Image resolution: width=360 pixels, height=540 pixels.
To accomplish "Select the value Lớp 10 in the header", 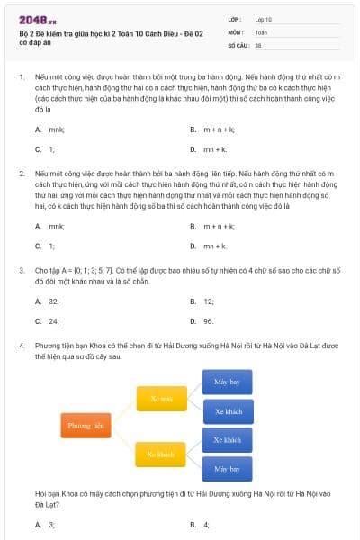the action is (x=264, y=19).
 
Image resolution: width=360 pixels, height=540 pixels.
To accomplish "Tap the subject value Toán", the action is (x=261, y=31).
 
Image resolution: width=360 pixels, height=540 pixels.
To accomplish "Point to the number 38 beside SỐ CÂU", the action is (x=258, y=44).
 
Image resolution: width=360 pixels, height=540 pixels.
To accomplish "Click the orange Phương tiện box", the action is (x=85, y=424).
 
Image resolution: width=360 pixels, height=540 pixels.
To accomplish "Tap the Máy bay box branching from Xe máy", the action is (x=227, y=382).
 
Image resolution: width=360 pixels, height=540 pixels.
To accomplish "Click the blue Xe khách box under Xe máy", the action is (x=227, y=411).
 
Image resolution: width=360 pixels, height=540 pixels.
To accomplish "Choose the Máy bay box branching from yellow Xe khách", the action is (x=227, y=469).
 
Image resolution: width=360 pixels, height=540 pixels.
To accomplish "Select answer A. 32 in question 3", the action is (x=48, y=301).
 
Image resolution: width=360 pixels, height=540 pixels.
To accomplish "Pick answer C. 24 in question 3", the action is (x=48, y=320).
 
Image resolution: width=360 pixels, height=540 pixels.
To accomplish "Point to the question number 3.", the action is (x=21, y=269).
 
